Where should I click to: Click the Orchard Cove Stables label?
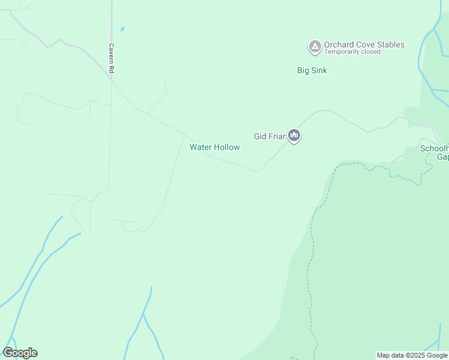364,44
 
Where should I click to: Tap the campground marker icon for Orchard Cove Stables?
314,46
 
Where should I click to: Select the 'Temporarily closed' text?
352,52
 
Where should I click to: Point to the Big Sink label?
312,70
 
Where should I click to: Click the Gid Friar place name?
269,136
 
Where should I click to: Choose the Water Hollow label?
215,147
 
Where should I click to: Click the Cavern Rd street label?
111,58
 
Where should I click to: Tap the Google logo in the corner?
20,353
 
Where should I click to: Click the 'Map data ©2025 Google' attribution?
412,355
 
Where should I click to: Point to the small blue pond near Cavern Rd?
122,29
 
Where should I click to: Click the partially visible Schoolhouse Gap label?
435,152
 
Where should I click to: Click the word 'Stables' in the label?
390,44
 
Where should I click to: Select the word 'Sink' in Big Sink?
319,70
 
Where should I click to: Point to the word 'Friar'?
277,136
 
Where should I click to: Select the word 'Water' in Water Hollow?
201,147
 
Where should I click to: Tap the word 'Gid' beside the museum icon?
260,136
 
